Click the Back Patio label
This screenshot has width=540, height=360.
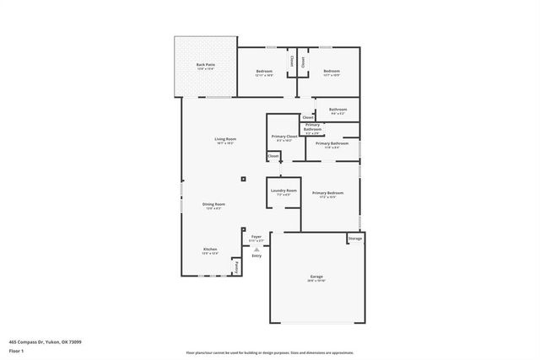(x=205, y=65)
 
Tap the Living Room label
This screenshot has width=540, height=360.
(x=224, y=139)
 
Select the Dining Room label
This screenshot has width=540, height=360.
(x=213, y=204)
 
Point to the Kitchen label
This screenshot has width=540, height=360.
(x=210, y=250)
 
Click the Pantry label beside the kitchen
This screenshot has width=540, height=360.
(x=237, y=266)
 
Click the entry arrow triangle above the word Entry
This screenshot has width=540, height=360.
(x=256, y=249)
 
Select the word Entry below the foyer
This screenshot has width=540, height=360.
(x=256, y=255)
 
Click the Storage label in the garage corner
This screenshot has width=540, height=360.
(x=355, y=239)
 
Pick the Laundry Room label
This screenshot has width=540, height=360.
(x=283, y=191)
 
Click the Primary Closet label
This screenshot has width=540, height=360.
(x=284, y=137)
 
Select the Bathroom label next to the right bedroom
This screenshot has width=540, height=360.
(x=338, y=110)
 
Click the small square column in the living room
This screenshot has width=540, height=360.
(x=242, y=179)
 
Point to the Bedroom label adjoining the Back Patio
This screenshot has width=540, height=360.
(x=264, y=71)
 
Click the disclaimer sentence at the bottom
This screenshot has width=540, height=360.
(x=270, y=353)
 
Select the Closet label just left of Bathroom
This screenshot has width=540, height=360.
(x=307, y=117)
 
